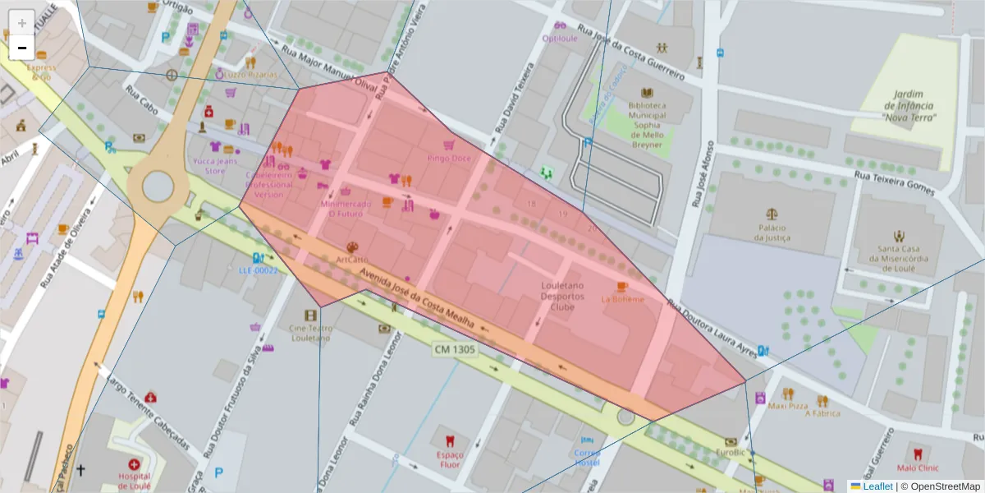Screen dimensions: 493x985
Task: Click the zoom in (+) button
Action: (x=21, y=22)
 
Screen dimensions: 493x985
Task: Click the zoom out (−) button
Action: (x=21, y=48)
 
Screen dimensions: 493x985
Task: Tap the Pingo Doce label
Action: (x=449, y=158)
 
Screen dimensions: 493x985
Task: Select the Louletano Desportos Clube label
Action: (x=562, y=296)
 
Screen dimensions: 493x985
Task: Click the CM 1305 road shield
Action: (x=454, y=349)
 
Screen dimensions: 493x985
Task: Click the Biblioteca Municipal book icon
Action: (x=647, y=93)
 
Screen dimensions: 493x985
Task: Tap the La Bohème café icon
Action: (x=621, y=287)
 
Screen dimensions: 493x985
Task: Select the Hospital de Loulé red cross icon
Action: (x=134, y=464)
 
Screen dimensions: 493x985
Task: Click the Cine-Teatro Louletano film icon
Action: (x=309, y=316)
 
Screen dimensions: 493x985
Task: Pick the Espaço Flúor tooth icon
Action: (x=449, y=440)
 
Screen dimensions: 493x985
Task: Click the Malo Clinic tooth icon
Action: (x=918, y=453)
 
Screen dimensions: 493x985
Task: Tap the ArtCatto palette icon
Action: (x=352, y=247)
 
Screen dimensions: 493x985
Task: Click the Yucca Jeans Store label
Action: (x=214, y=166)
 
